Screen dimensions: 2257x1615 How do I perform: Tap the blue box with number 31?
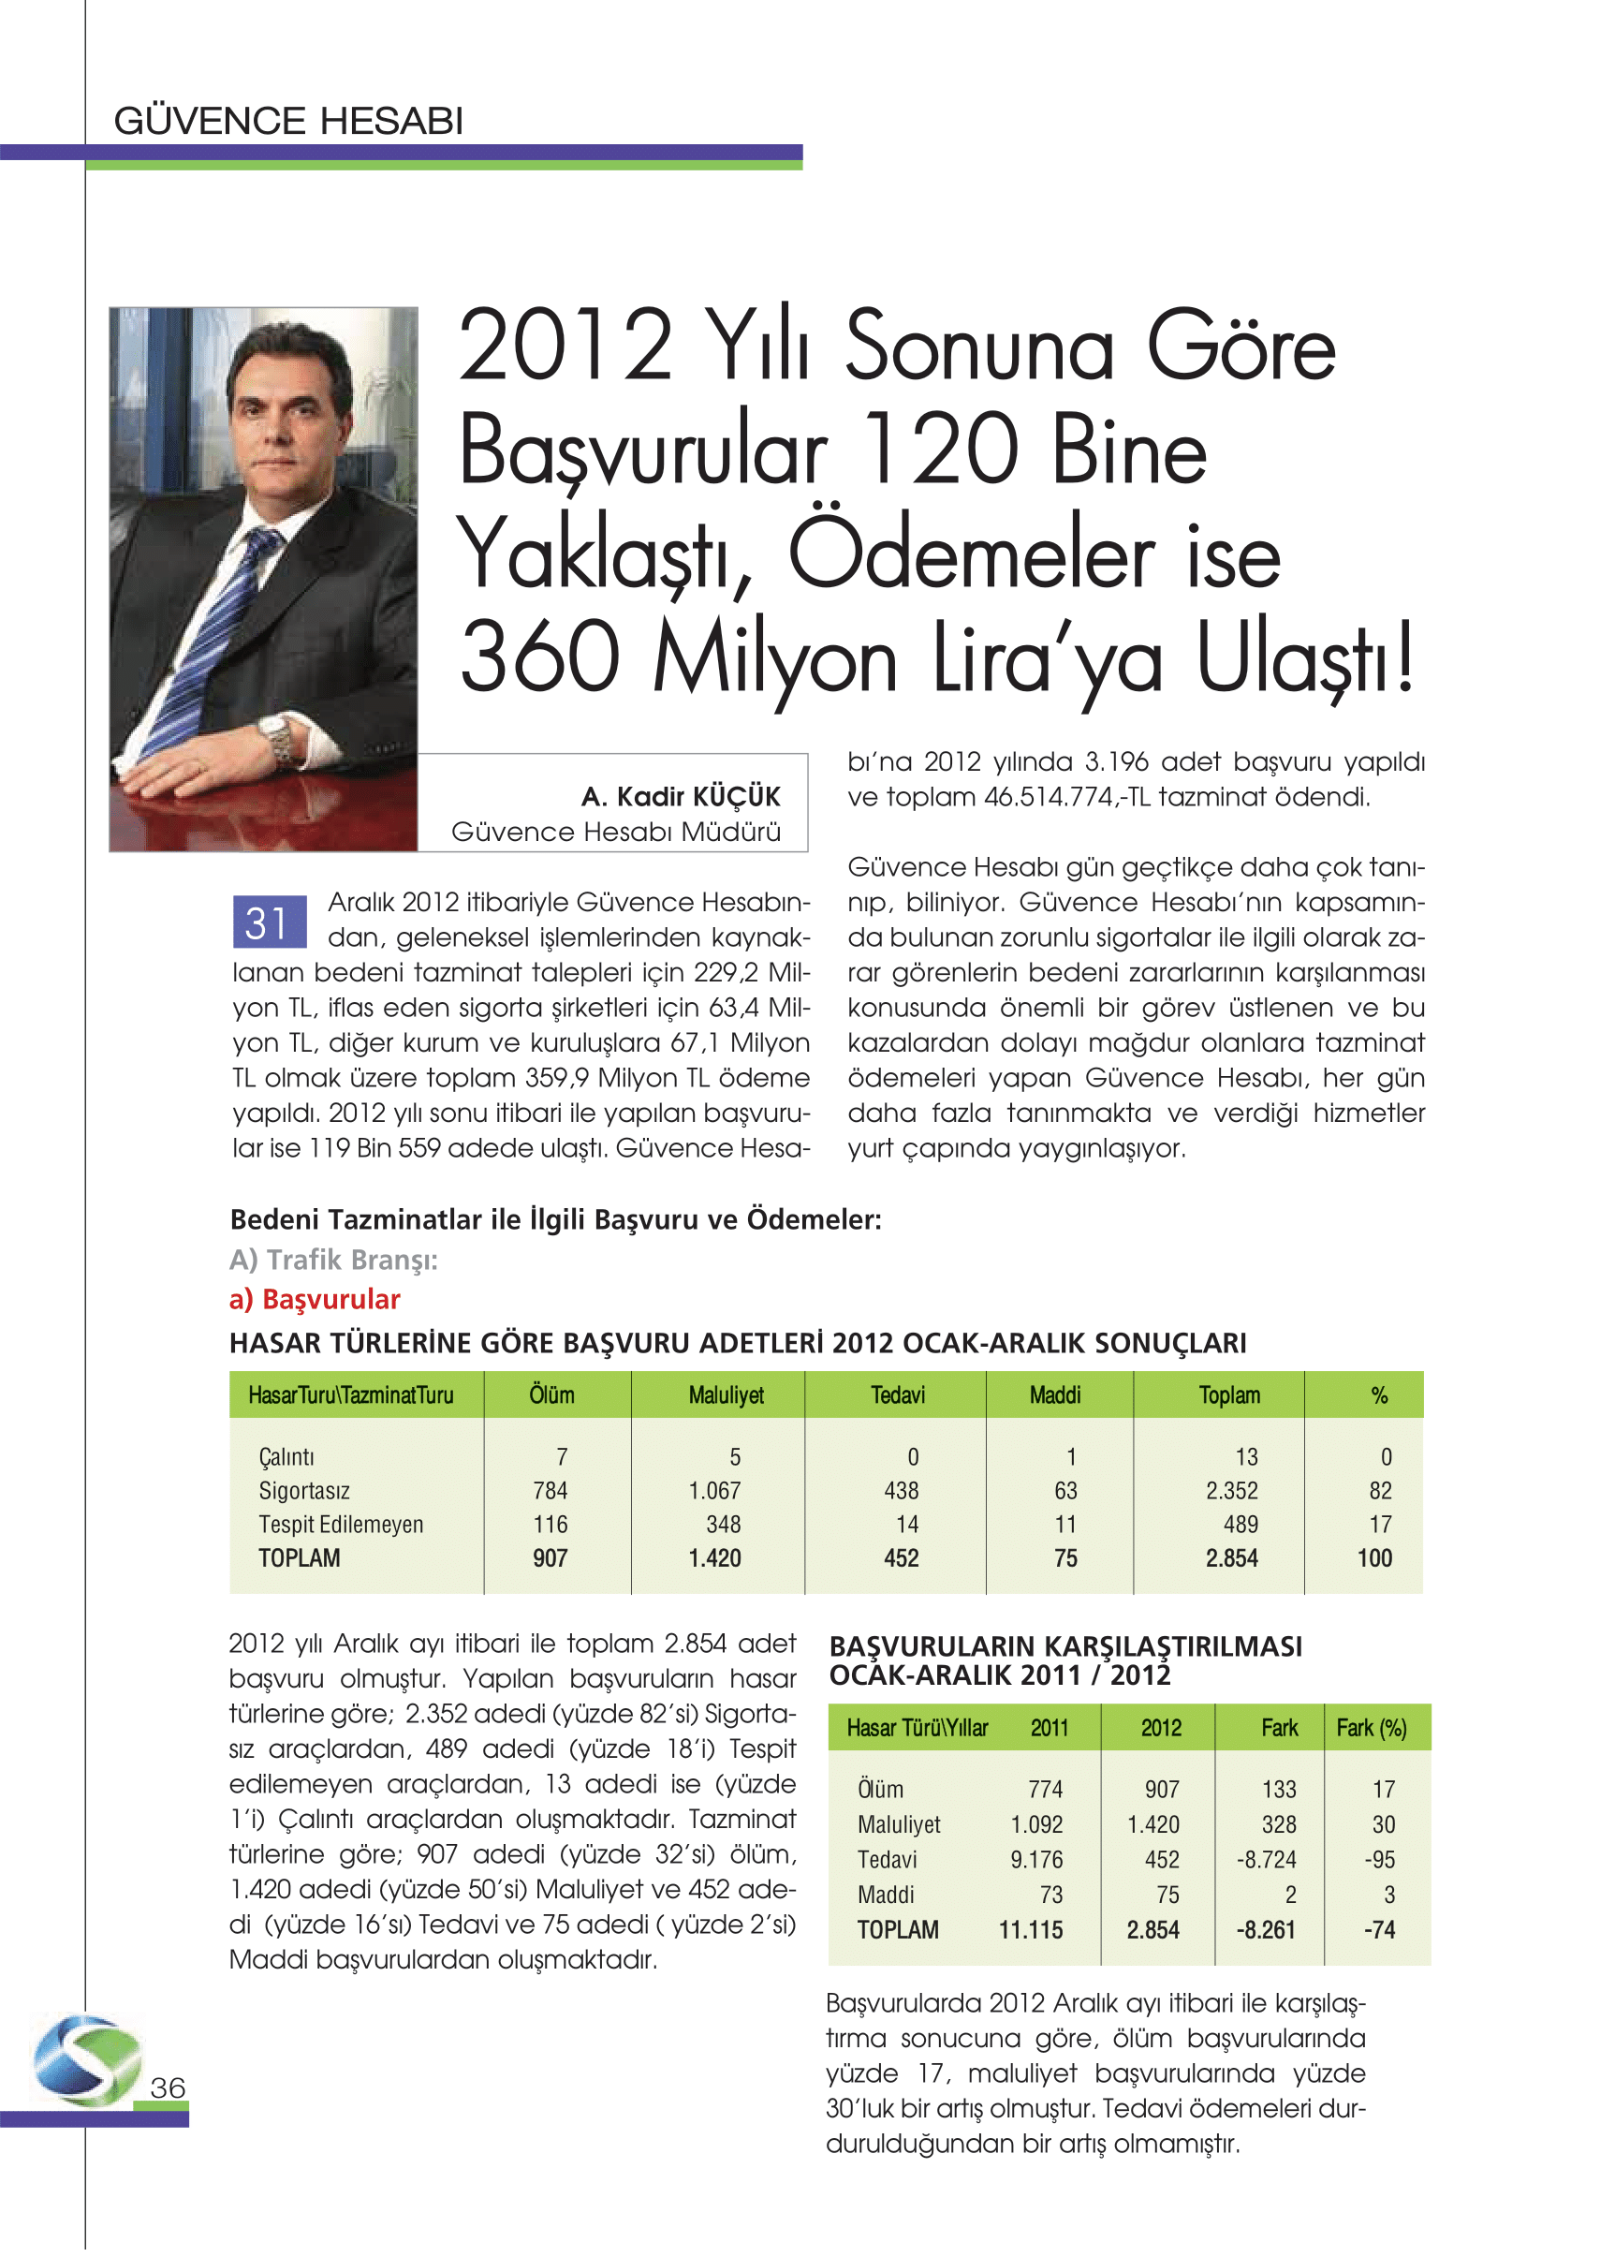(268, 922)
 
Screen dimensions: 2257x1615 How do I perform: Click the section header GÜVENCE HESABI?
(288, 122)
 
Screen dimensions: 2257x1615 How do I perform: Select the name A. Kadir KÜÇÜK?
(681, 797)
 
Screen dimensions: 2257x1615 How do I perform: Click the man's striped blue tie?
(214, 637)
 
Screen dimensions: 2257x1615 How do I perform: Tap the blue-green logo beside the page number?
(87, 2061)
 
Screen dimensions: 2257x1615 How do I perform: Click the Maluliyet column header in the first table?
(726, 1395)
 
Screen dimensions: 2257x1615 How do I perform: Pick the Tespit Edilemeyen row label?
(341, 1524)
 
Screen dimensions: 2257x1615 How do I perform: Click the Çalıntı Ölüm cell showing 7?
(562, 1457)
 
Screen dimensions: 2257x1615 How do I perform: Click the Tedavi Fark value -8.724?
(1265, 1859)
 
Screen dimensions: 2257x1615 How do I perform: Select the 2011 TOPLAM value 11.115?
(1030, 1930)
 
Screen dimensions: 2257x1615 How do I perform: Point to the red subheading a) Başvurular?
(315, 1299)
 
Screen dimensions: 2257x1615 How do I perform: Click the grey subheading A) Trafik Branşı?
(333, 1261)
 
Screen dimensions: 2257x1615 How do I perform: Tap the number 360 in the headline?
(540, 657)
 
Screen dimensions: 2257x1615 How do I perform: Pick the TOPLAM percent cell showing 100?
(1374, 1557)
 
